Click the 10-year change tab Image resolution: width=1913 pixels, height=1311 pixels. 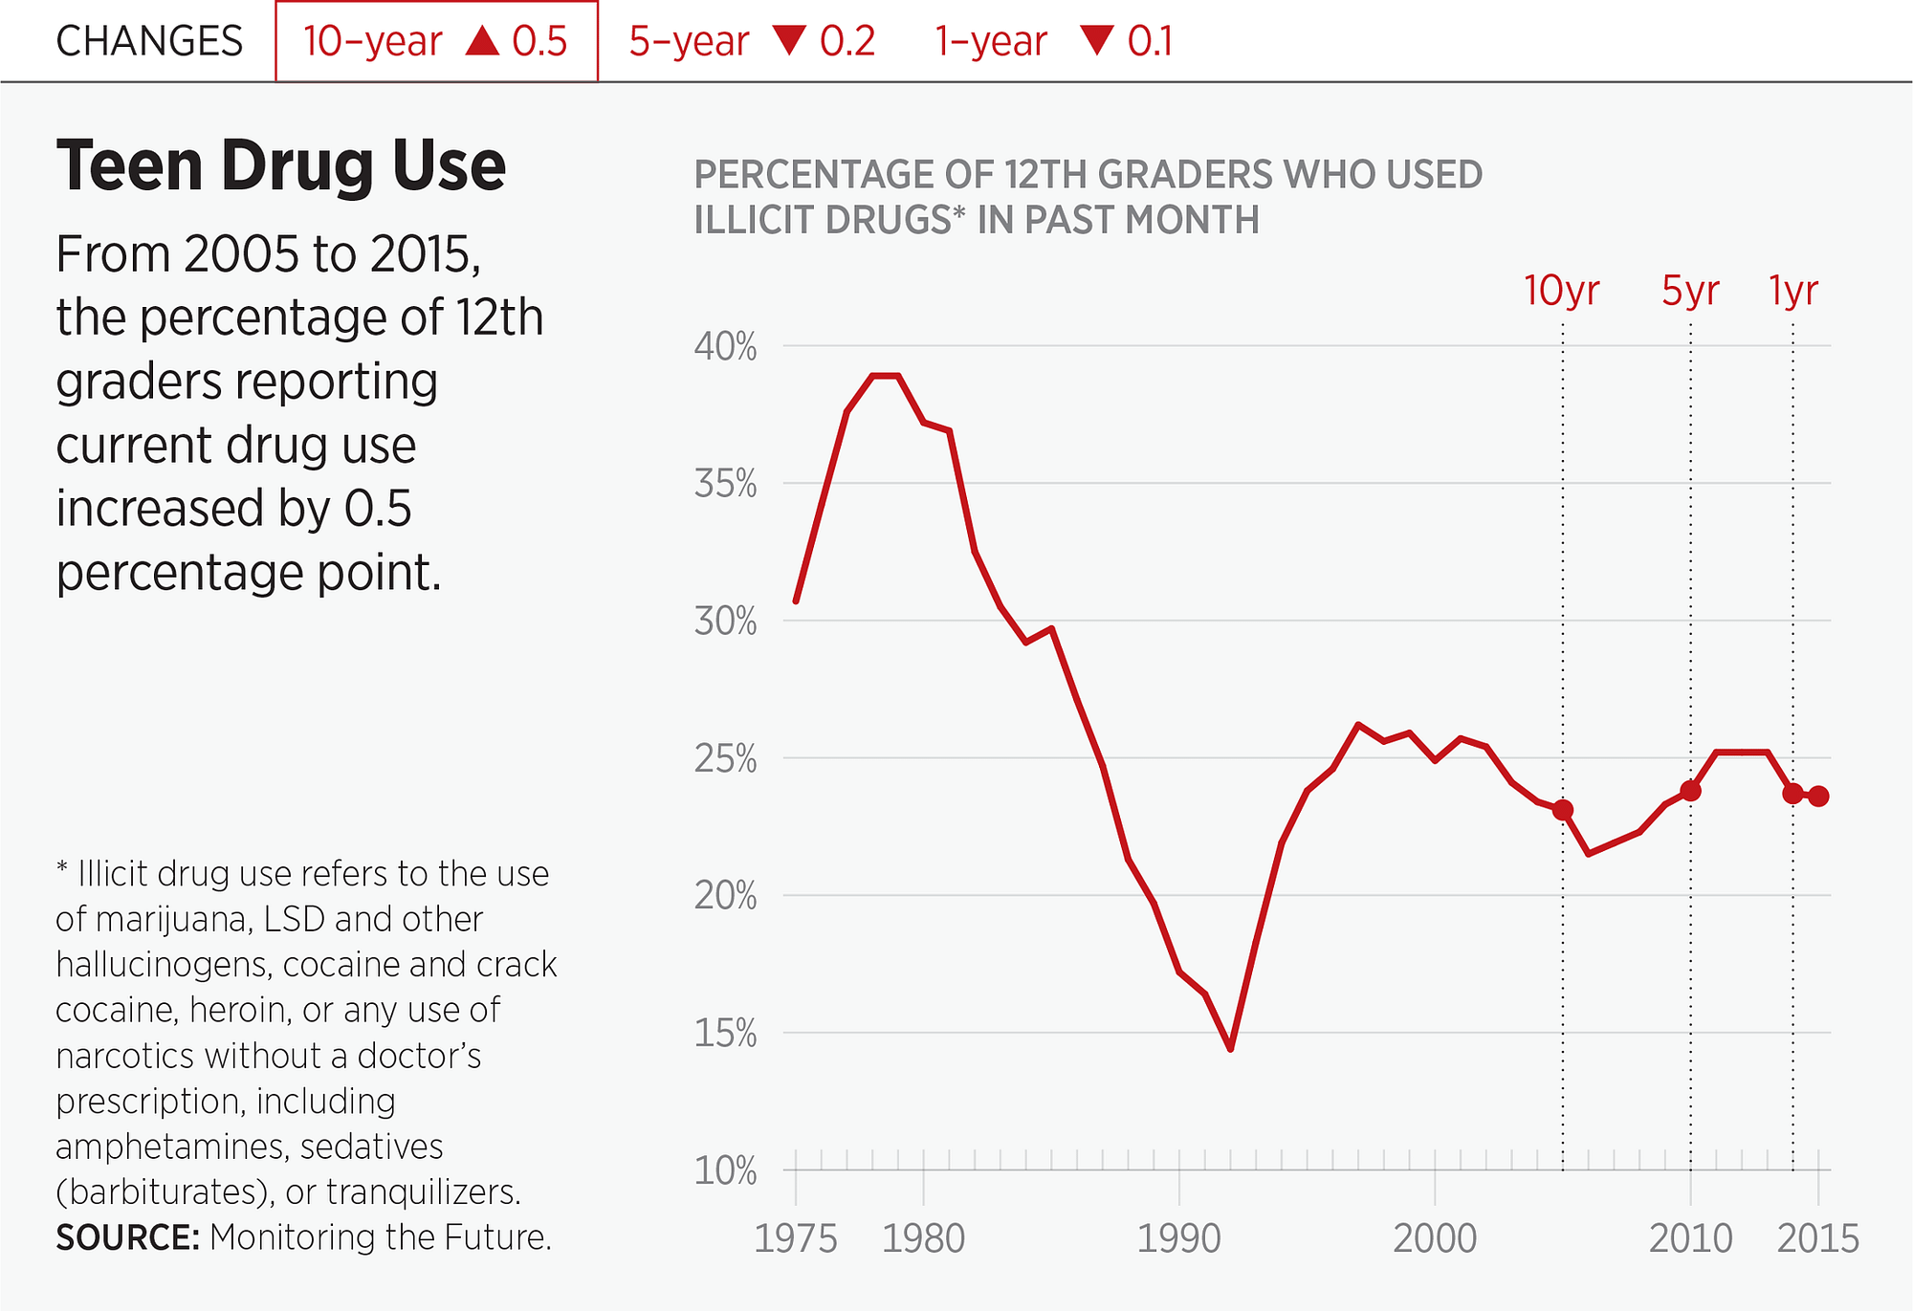436,42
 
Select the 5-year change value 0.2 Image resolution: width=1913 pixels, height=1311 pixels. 847,42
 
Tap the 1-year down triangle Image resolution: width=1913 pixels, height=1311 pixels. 1096,40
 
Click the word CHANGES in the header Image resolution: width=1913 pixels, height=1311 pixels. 149,42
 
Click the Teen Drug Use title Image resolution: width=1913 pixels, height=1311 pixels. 280,166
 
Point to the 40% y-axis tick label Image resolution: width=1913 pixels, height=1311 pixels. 725,347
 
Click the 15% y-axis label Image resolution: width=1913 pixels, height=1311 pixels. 725,1034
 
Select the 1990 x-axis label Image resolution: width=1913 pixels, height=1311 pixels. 1178,1239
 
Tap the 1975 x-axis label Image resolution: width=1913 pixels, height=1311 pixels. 795,1239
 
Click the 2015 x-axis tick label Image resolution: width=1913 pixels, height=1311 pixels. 1817,1239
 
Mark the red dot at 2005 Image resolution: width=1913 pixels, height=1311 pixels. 1563,810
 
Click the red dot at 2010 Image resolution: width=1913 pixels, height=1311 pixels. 1690,791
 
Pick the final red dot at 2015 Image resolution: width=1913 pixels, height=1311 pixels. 1818,796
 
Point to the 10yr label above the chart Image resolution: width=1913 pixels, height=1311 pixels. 1561,291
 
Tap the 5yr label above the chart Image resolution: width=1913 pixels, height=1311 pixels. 1690,291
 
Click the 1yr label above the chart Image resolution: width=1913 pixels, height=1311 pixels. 1793,291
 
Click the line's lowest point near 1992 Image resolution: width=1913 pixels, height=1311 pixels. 1230,1049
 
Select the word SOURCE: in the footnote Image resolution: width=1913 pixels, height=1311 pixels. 127,1237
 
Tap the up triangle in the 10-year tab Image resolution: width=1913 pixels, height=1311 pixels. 483,40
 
